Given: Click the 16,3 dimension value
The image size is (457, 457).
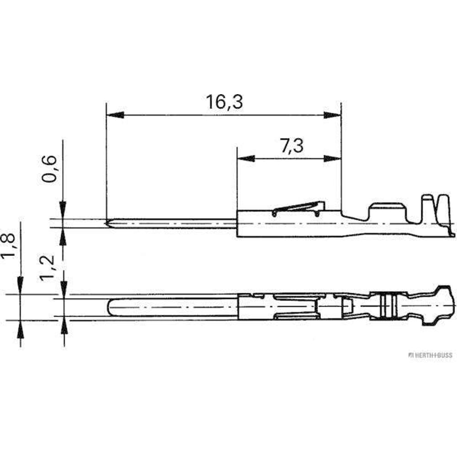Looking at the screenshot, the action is pos(224,102).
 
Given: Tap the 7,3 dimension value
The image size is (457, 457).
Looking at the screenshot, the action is pos(292,146).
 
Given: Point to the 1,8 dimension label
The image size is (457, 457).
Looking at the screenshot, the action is pos(8,246).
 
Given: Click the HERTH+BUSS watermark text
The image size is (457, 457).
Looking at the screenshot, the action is pos(430,355).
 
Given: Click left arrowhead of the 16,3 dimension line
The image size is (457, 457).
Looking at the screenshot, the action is pos(115,115).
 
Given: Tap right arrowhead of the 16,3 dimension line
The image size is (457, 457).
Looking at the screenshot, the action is pos(332,115).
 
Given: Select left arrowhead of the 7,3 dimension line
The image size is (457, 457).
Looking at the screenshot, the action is pos(246,159).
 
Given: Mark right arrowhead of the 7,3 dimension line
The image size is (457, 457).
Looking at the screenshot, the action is pos(332,159).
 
